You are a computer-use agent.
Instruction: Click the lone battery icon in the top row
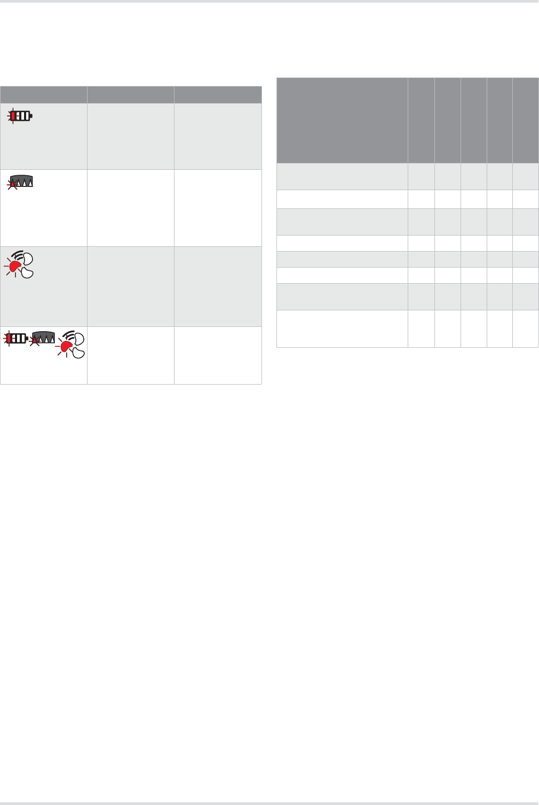pos(21,116)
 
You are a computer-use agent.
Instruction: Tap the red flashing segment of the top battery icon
pos(14,116)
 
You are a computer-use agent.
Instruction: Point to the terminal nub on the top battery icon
pos(31,116)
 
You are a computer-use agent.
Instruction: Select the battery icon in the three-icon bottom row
pos(16,338)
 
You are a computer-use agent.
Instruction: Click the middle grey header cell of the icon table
pos(130,95)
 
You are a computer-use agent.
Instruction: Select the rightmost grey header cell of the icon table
pos(218,95)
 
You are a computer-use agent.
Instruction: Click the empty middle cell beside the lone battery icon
pos(130,136)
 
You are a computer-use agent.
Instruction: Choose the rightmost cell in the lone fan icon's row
pos(218,286)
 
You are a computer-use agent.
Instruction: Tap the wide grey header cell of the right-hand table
pos(342,120)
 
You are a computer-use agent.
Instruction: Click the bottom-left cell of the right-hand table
pos(342,329)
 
